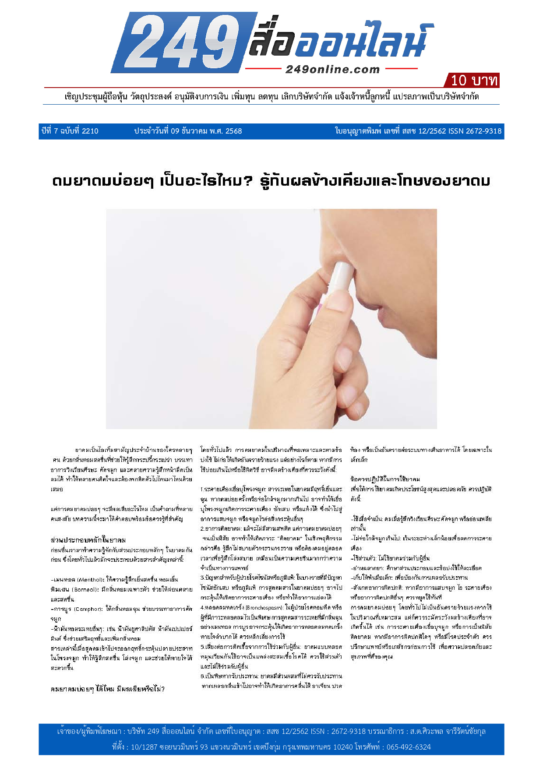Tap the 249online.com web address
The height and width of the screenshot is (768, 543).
click(x=332, y=69)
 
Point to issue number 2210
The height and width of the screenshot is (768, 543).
click(x=90, y=131)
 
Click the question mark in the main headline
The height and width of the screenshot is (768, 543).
click(x=249, y=180)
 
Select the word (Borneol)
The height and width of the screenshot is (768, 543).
click(x=86, y=589)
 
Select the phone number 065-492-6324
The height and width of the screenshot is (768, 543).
click(x=409, y=747)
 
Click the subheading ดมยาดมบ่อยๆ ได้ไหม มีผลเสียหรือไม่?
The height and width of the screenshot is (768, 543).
click(x=108, y=689)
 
